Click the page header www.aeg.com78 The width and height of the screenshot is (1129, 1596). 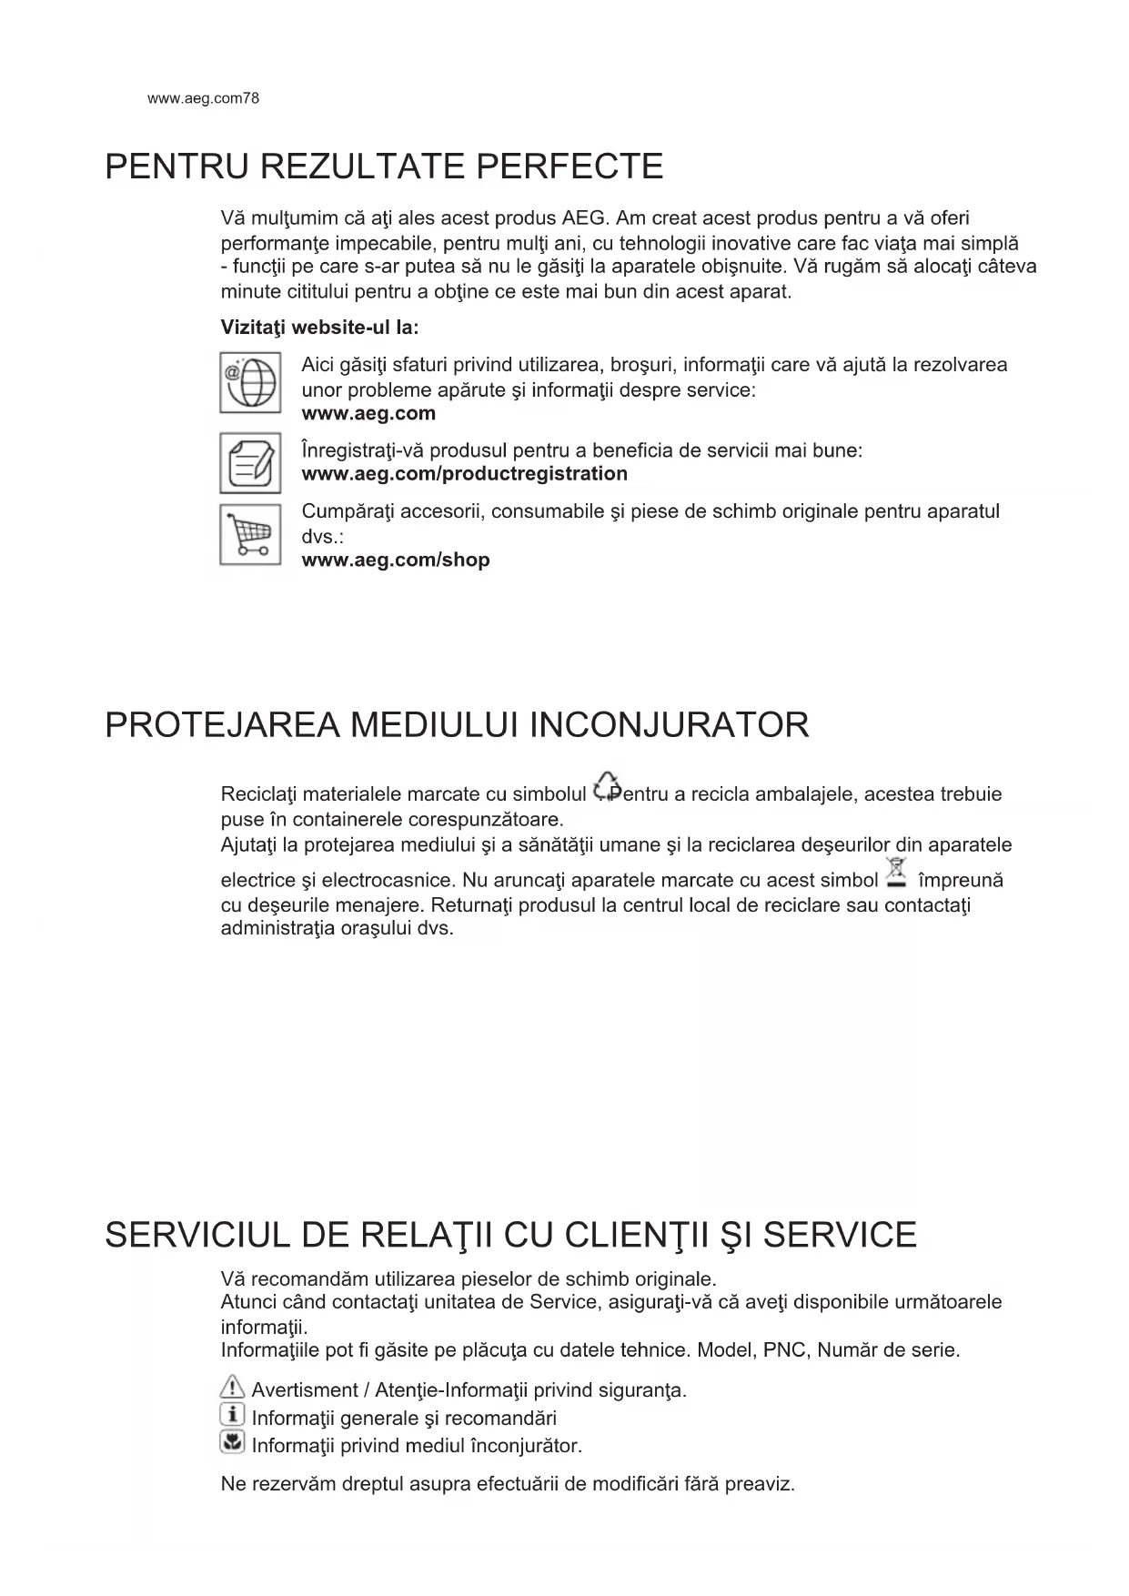[203, 98]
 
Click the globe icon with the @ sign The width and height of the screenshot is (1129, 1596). [250, 383]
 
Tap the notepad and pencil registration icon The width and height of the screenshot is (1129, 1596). [250, 463]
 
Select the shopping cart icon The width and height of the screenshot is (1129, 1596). [250, 534]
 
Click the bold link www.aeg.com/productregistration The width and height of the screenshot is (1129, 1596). [464, 474]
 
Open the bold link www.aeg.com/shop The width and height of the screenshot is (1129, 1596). [396, 561]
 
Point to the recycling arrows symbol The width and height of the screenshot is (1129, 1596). [606, 786]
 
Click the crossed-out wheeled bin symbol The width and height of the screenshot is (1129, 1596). [897, 872]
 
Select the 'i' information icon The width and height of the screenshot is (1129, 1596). [233, 1415]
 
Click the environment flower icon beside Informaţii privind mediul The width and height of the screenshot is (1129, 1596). [233, 1442]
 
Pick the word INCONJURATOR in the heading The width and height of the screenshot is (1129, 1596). [669, 726]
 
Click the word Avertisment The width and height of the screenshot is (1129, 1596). [305, 1390]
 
